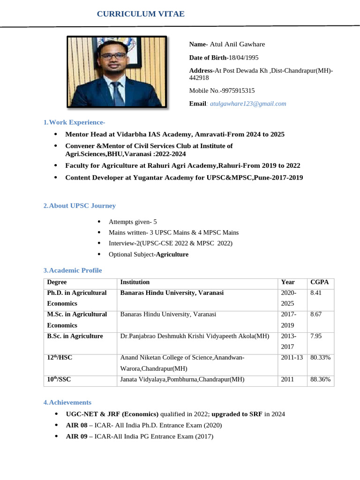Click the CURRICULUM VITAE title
(x=141, y=15)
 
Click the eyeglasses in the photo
(x=113, y=55)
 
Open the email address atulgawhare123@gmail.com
(x=248, y=104)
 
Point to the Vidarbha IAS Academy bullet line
(x=174, y=134)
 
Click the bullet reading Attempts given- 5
(x=133, y=221)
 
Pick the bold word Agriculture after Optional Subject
(x=172, y=255)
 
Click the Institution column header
(x=135, y=282)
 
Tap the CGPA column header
(x=320, y=282)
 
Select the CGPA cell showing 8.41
(x=316, y=293)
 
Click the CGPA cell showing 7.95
(x=316, y=337)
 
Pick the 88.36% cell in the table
(x=321, y=379)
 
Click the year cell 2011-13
(x=292, y=358)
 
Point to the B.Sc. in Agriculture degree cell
(x=75, y=337)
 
